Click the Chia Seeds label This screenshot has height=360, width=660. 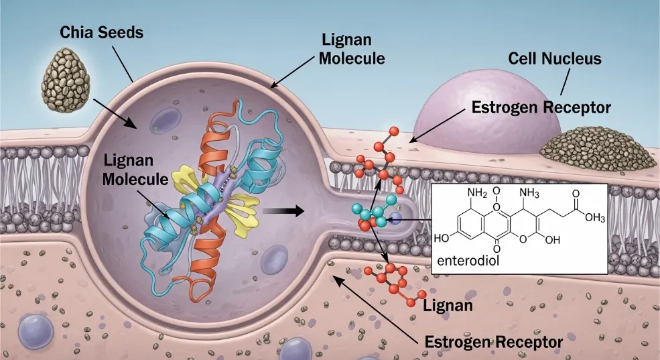click(x=101, y=32)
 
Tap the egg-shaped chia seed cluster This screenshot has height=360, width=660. click(x=66, y=80)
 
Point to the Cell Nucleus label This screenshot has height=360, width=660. click(x=555, y=58)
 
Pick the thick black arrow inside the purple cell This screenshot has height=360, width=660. click(x=283, y=210)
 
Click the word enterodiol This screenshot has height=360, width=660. click(x=468, y=261)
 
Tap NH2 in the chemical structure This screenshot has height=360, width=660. click(x=477, y=194)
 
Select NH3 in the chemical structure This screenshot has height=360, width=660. click(x=529, y=194)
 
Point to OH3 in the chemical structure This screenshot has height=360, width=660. click(x=595, y=218)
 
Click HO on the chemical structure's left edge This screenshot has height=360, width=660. click(x=442, y=238)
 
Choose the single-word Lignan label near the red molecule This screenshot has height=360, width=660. click(x=448, y=305)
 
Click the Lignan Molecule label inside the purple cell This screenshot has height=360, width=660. click(x=135, y=170)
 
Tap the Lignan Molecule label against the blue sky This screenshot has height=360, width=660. click(x=352, y=49)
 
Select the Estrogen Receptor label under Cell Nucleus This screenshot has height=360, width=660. click(x=541, y=107)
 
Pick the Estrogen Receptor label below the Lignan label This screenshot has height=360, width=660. click(x=494, y=341)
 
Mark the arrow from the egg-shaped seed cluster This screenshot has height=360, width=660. click(x=115, y=113)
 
